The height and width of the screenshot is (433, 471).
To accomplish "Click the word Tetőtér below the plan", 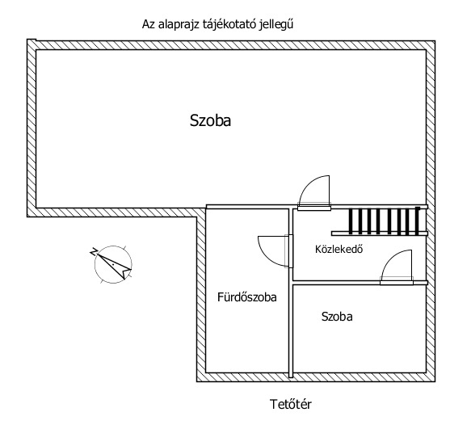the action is tap(291, 404).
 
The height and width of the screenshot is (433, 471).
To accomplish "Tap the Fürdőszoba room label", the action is tap(247, 297).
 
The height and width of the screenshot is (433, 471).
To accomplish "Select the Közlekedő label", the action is tap(339, 249).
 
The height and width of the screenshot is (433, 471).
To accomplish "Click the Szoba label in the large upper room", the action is tap(210, 120).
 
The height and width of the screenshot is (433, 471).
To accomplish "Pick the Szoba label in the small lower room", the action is tap(337, 317).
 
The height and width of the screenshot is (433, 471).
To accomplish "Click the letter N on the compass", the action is tap(94, 251).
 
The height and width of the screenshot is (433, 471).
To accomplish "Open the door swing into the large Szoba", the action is tap(314, 192).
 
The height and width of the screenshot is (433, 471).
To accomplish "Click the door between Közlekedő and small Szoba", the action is tap(397, 267).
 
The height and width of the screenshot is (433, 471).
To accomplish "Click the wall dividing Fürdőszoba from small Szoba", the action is tap(291, 330).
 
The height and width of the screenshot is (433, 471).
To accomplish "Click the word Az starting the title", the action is tap(149, 24).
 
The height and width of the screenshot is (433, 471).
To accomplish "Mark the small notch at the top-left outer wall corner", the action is tap(32, 40).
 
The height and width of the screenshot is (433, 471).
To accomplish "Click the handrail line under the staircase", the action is tap(380, 233).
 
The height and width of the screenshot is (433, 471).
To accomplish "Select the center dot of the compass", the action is tap(113, 264).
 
